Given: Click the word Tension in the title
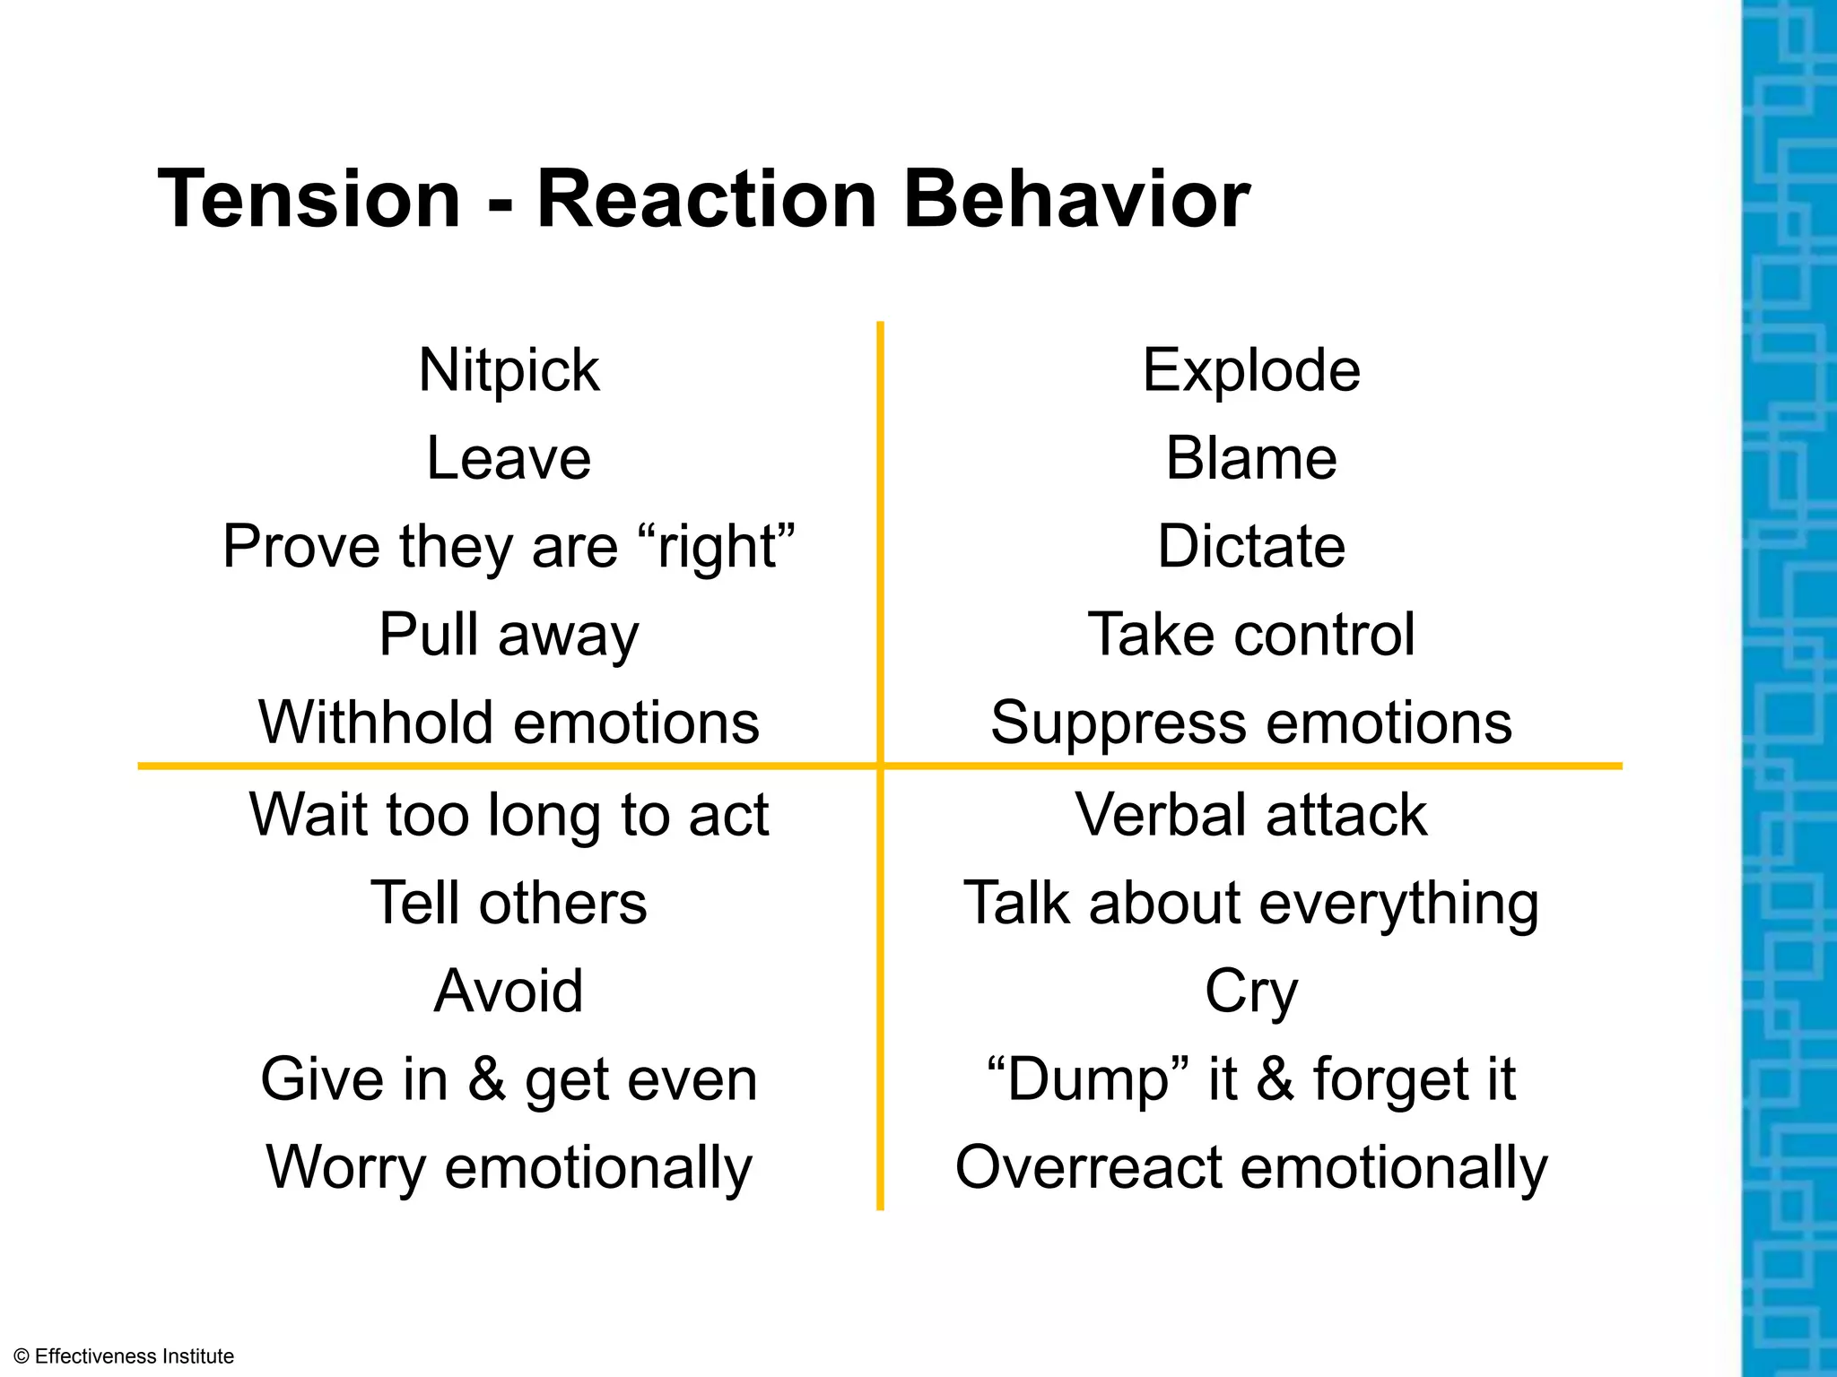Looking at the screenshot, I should (309, 199).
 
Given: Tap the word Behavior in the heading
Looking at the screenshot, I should (1076, 199).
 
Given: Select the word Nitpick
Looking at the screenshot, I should (509, 370).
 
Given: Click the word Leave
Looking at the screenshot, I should (509, 458).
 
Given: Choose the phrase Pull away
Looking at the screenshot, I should (509, 635).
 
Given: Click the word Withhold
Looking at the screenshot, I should (376, 723).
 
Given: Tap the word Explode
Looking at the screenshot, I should (1251, 370).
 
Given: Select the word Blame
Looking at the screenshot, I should (1251, 458).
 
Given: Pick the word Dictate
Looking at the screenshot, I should (1251, 546).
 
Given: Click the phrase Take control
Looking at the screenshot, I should (1251, 635).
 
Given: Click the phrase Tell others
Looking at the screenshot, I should (509, 903).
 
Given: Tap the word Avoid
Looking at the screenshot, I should (509, 991).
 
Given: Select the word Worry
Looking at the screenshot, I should (345, 1167).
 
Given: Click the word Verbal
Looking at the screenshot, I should (1161, 815).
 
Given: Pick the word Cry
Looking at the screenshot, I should (1251, 992).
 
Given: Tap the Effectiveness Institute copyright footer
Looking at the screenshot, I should (125, 1356).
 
